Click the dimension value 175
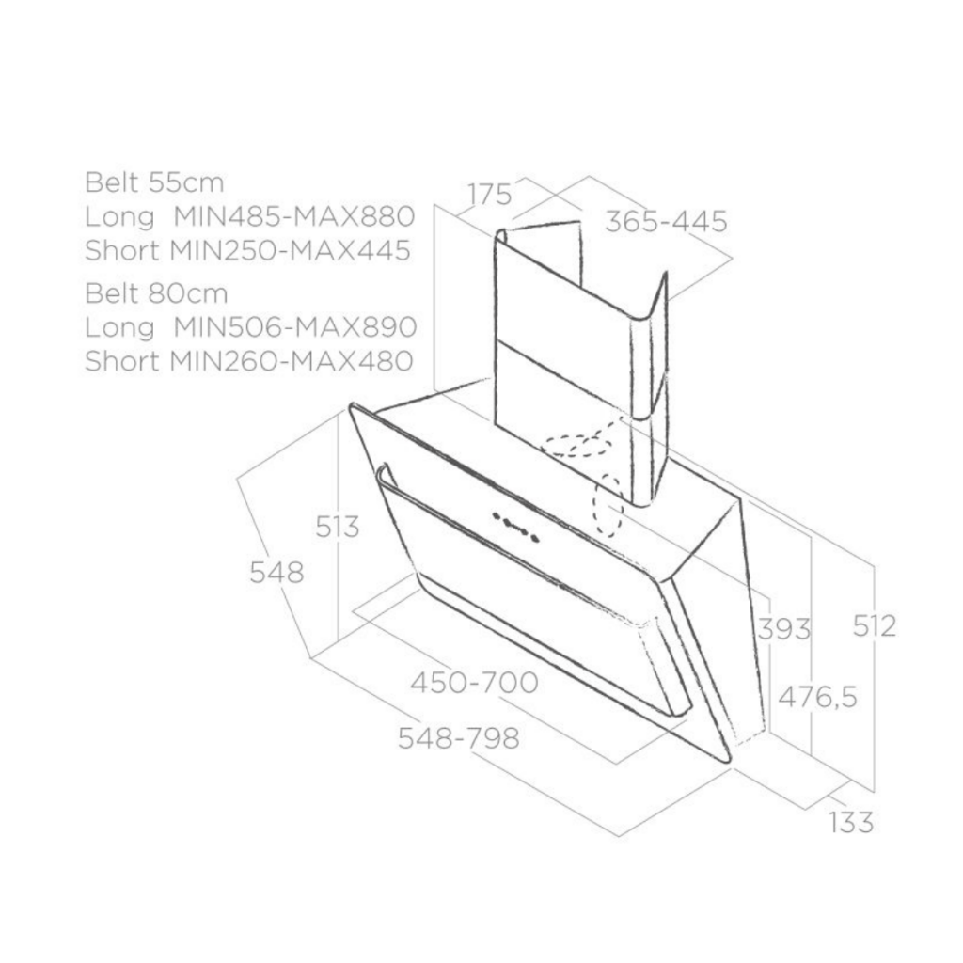coord(489,194)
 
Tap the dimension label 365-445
coord(667,221)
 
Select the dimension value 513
coord(338,527)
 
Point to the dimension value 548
coord(277,573)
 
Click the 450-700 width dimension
coord(475,683)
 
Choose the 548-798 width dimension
coord(459,737)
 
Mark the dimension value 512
coord(875,625)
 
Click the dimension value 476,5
coord(817,697)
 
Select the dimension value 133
coord(851,822)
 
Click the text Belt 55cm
coord(154,182)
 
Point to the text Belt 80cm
coord(156,293)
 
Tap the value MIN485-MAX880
coord(294,216)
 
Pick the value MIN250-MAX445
coord(290,250)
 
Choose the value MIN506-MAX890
coord(295,326)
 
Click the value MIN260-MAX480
coord(292,360)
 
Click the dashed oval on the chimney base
coord(577,445)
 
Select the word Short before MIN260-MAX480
coord(122,360)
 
